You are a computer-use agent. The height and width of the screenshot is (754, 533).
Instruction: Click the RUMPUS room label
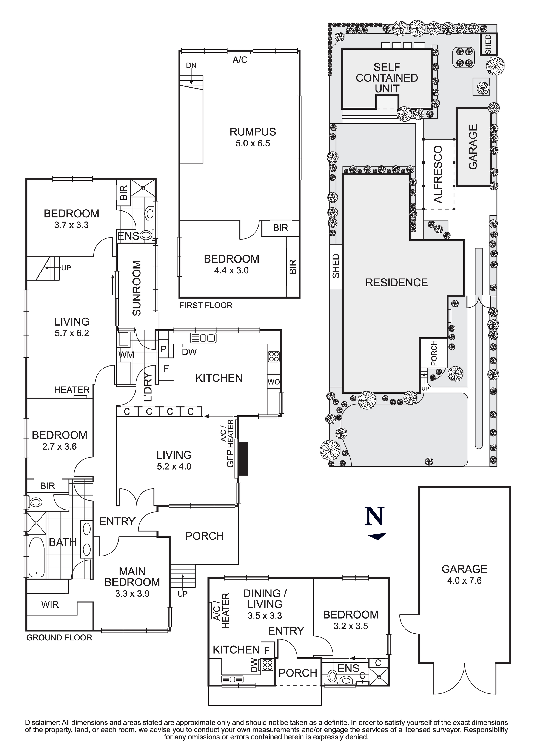[x=252, y=132]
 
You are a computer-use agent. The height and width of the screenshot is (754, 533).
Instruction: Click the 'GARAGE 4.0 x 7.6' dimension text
[x=464, y=581]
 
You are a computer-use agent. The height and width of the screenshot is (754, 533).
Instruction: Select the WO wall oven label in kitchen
[x=273, y=382]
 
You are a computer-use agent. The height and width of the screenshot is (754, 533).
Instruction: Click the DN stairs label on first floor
[x=191, y=65]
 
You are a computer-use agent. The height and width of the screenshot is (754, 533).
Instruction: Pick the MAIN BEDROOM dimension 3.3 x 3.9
[x=132, y=593]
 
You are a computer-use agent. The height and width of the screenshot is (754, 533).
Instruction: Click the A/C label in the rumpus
[x=240, y=60]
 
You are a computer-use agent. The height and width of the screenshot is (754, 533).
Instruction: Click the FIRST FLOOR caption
[x=206, y=306]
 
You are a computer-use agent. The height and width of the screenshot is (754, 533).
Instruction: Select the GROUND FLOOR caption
[x=59, y=638]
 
